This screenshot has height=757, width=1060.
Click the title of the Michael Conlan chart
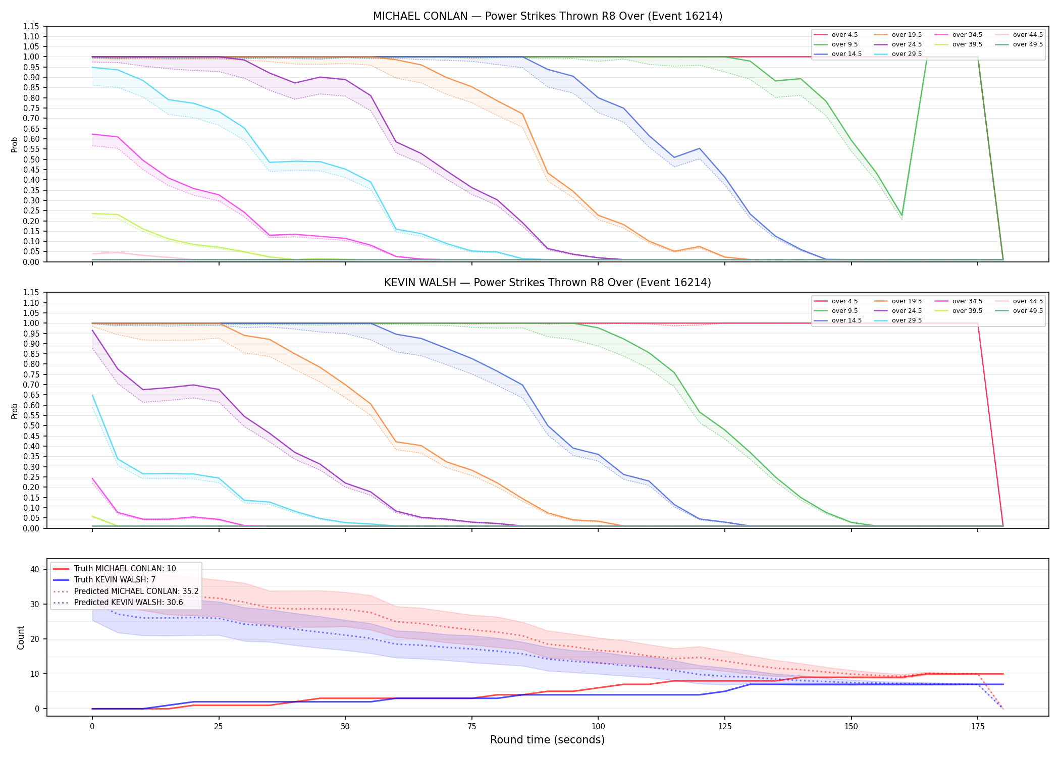click(x=548, y=16)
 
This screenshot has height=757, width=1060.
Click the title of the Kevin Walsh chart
click(x=548, y=283)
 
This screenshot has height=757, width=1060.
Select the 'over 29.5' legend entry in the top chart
click(x=898, y=54)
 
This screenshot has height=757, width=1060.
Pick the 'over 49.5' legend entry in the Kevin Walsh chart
click(x=1019, y=311)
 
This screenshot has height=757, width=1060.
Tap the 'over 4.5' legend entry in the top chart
click(x=836, y=35)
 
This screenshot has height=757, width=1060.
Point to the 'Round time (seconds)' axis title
click(x=548, y=740)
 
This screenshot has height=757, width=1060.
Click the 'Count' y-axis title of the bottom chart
click(x=21, y=637)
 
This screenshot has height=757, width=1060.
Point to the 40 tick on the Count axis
click(x=35, y=569)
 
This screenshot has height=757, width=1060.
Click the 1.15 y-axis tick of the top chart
click(x=31, y=26)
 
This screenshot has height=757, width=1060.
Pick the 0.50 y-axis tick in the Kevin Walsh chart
click(x=31, y=425)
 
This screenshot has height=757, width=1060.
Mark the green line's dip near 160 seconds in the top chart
click(x=902, y=215)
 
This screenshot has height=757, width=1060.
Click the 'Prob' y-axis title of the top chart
click(x=15, y=145)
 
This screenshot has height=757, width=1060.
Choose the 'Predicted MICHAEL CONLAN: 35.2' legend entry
click(x=126, y=591)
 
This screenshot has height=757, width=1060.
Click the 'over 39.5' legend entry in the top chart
click(x=959, y=44)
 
